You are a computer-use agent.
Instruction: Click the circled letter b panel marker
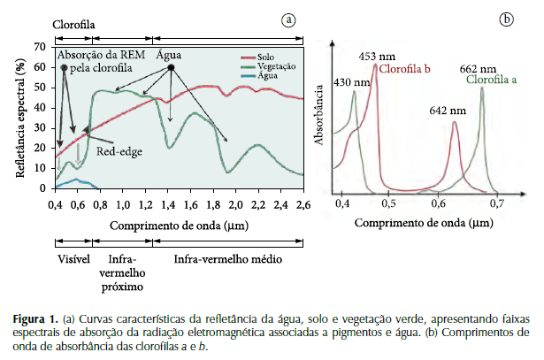(507, 19)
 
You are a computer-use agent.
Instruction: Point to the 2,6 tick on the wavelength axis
(303, 204)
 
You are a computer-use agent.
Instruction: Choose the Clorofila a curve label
(491, 80)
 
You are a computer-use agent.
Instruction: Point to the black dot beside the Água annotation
(172, 67)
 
